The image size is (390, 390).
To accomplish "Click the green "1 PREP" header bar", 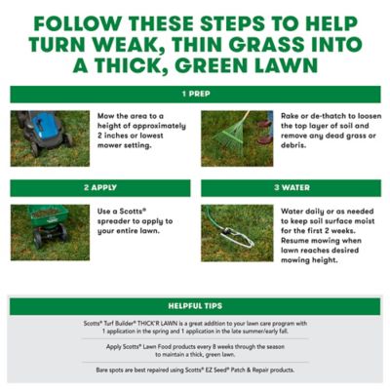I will click(194, 95).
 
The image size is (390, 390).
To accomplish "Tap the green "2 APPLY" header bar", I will click(99, 187).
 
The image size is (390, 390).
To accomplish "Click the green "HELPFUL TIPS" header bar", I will click(194, 306).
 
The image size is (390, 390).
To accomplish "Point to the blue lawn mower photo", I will click(50, 137).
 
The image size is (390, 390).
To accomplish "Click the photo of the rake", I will click(237, 137).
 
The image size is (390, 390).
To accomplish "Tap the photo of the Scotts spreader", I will click(50, 232).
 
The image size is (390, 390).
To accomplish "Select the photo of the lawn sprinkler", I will click(237, 232).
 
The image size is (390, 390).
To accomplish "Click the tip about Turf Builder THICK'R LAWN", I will click(194, 328).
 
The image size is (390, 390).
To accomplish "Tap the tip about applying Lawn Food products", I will click(194, 351).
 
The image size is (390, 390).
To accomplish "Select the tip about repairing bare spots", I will click(194, 370).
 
